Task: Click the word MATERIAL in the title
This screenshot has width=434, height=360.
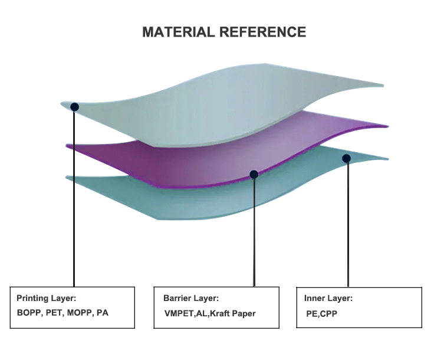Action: tap(179, 32)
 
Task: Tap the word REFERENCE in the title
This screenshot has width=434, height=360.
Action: tap(263, 32)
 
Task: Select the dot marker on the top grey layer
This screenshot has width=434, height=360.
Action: tap(74, 107)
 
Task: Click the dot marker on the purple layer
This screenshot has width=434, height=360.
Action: tap(254, 174)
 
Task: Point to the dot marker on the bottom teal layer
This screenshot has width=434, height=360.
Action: tap(346, 158)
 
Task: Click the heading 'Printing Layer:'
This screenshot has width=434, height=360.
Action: tap(46, 298)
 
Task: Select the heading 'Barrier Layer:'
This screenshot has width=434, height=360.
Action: tap(191, 298)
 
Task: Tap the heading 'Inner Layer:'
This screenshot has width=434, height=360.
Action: tap(328, 298)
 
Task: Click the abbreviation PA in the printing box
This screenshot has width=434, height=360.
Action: tap(103, 313)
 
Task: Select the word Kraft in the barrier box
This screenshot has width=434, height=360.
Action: tap(219, 313)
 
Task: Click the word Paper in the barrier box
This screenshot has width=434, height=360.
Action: tap(244, 314)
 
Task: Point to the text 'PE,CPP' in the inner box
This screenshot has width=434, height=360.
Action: tap(321, 314)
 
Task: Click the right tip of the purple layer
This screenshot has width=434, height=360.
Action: tap(388, 126)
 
